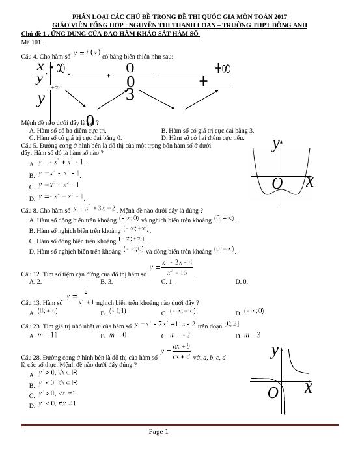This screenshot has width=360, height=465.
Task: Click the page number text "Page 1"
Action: click(x=159, y=431)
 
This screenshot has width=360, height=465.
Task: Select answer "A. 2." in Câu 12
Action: click(x=36, y=282)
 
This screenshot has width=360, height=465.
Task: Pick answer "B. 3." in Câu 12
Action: click(x=107, y=282)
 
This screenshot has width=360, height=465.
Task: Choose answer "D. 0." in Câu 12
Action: click(x=242, y=282)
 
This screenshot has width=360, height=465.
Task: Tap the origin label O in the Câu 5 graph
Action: click(x=277, y=184)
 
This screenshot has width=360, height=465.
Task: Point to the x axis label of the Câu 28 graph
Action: click(x=308, y=388)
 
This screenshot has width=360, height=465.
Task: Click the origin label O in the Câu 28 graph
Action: click(x=273, y=393)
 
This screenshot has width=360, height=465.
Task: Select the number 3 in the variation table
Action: click(x=130, y=95)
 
